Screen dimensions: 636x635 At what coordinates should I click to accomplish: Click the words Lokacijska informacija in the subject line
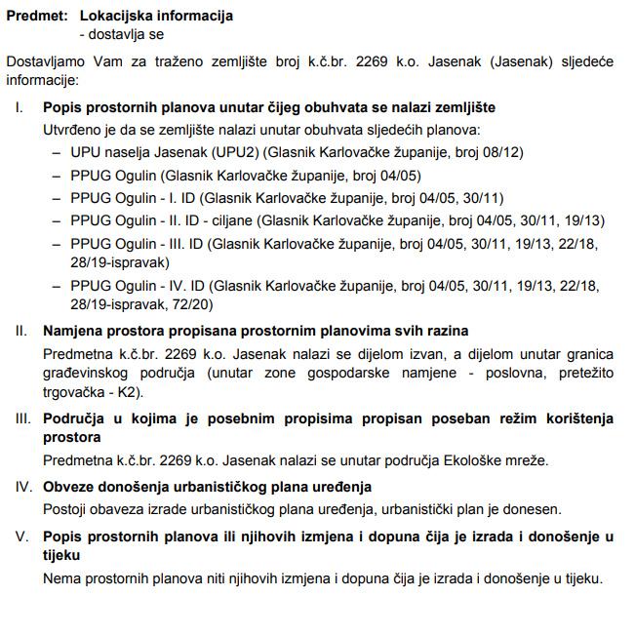point(156,17)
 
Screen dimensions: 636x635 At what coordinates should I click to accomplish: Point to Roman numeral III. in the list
point(22,418)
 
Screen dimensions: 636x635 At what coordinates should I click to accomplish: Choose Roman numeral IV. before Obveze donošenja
point(22,487)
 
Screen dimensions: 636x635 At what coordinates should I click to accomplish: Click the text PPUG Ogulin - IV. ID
point(136,287)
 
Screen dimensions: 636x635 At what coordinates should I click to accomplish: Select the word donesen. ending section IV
point(533,509)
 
